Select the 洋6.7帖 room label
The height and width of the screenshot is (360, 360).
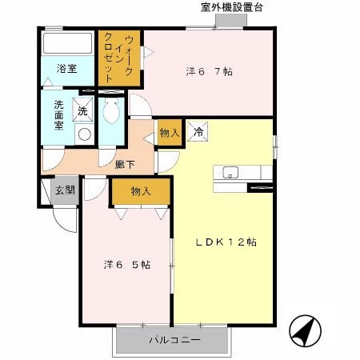point(209,72)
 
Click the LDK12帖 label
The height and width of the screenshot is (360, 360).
point(226,241)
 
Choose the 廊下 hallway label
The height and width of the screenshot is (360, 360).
point(125,163)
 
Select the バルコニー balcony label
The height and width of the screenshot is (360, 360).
point(174,340)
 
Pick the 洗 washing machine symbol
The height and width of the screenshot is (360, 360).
point(83,110)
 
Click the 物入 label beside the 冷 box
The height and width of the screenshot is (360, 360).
point(168,133)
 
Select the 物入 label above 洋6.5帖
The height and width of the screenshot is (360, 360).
point(141,192)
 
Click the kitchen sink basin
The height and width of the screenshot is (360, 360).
point(230,172)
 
